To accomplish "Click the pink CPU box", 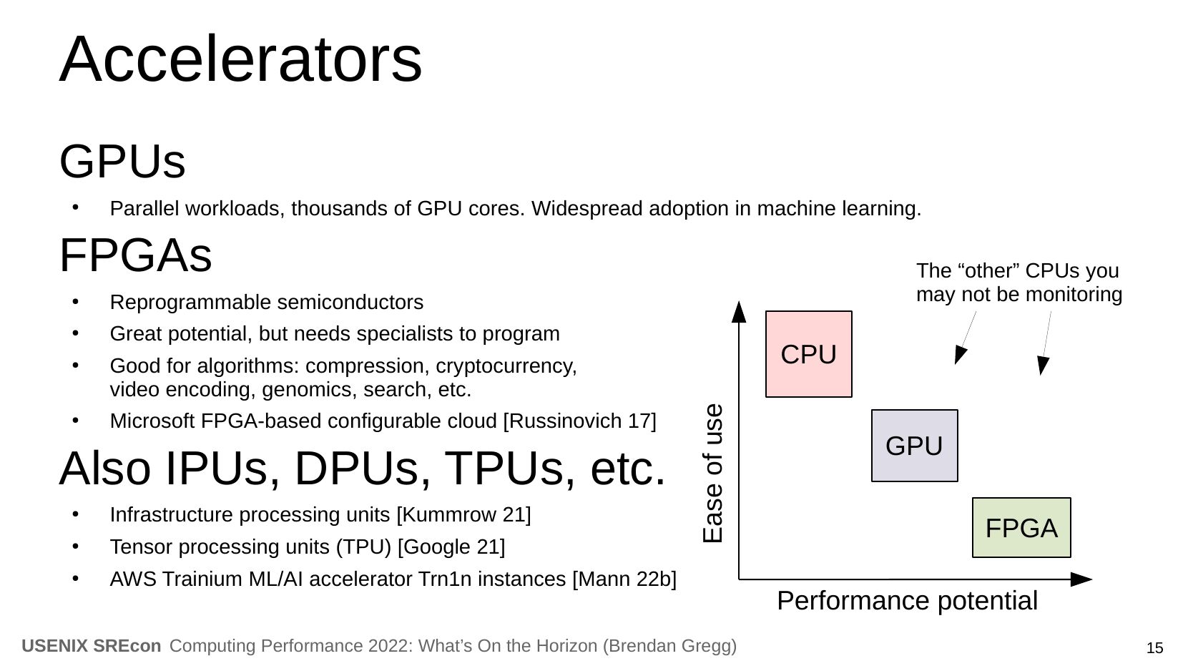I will [x=808, y=354].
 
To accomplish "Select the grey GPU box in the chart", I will [x=914, y=446].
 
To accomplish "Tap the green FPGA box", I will [x=1021, y=528].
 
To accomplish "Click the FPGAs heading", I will [x=135, y=255].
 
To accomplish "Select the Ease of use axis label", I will [x=713, y=474].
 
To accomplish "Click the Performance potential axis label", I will [x=907, y=601].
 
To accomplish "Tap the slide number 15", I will [x=1154, y=648].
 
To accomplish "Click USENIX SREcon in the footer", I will [x=92, y=646].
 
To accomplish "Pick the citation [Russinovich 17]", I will [x=579, y=421].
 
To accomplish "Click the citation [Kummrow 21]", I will [x=463, y=515].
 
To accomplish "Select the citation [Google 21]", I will [x=451, y=547].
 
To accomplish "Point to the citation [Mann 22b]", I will [x=624, y=579].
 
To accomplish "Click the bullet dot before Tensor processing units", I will [x=75, y=547].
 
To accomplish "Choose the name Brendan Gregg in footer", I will [x=669, y=646].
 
